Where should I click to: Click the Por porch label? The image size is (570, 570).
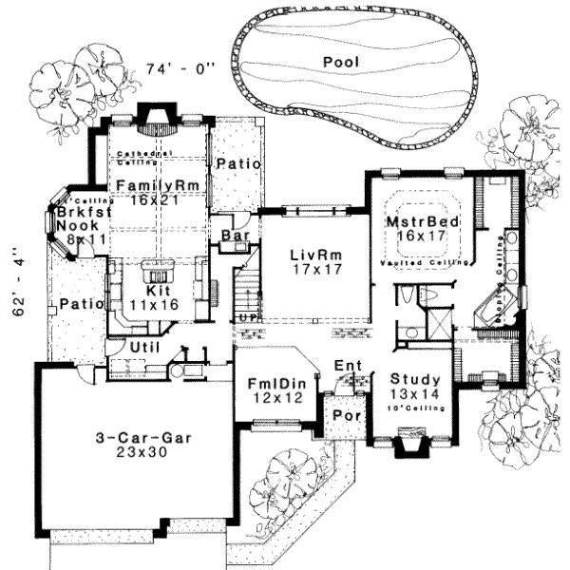point(341,417)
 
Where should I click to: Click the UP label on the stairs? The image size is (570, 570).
point(246,319)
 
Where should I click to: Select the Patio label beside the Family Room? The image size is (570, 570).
point(237,164)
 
